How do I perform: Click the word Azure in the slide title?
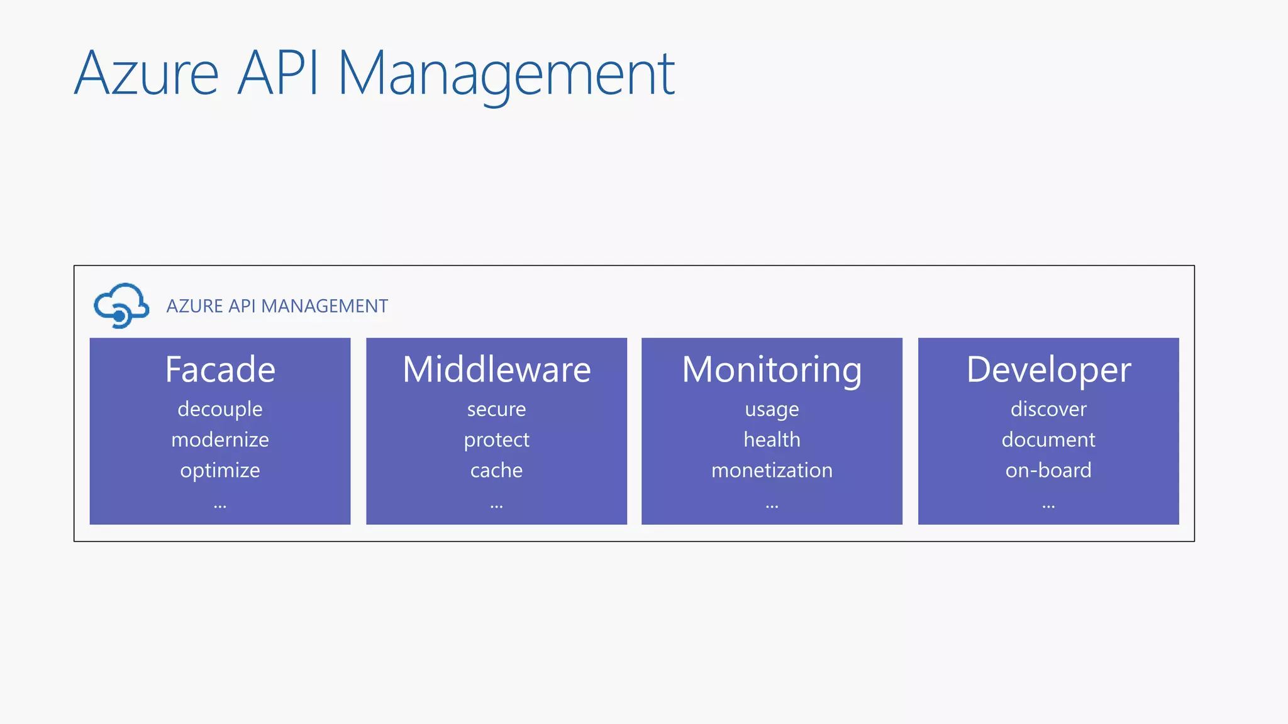click(x=147, y=74)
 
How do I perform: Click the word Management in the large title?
click(x=506, y=74)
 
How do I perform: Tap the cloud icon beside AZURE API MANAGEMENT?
click(x=121, y=305)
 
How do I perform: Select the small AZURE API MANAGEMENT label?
click(x=277, y=306)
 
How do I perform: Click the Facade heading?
click(x=220, y=369)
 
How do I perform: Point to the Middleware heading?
click(x=496, y=369)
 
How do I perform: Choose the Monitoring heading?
click(x=772, y=369)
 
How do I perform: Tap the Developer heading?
click(x=1048, y=369)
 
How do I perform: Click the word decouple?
click(x=220, y=409)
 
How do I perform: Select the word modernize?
click(x=220, y=439)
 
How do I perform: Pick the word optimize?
click(x=220, y=470)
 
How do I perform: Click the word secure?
click(x=496, y=409)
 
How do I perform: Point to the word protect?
click(x=496, y=440)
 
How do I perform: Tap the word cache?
click(x=496, y=470)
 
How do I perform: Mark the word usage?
click(x=772, y=410)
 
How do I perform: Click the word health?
click(x=772, y=439)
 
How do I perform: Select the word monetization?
click(x=772, y=470)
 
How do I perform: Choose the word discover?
click(x=1048, y=409)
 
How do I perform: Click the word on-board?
click(x=1048, y=470)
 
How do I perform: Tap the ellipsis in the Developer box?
click(x=1048, y=505)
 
